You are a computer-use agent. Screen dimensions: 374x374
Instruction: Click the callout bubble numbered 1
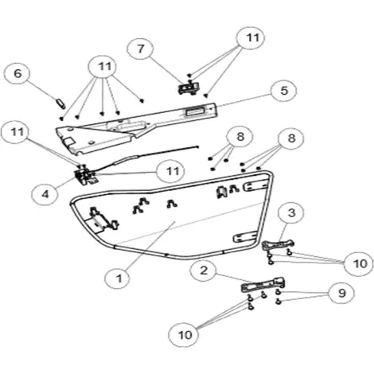click(119, 279)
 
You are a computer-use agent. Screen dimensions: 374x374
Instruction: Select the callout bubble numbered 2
click(204, 271)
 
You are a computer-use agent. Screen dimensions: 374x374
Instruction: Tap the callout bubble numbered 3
click(291, 213)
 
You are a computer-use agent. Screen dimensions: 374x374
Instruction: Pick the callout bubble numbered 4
click(45, 194)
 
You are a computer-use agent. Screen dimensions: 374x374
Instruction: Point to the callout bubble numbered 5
click(283, 91)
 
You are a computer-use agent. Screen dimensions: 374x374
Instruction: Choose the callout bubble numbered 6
click(18, 74)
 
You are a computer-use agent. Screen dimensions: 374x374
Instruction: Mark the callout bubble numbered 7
click(140, 49)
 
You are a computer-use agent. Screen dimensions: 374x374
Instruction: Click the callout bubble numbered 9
click(341, 293)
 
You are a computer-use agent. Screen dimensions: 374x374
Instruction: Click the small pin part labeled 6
click(60, 103)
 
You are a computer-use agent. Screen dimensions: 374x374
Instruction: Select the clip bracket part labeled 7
click(189, 88)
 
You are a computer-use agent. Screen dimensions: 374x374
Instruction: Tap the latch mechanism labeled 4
click(85, 176)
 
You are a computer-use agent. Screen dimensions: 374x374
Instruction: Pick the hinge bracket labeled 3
click(278, 244)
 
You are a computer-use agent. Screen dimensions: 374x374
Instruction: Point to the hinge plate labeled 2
click(263, 285)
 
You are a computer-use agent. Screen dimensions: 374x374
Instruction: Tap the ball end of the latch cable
click(197, 147)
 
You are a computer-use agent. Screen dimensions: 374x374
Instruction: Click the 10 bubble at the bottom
click(184, 335)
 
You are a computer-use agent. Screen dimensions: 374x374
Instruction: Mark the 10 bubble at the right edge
click(360, 263)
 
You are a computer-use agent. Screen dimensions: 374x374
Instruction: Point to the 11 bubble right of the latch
click(172, 171)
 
